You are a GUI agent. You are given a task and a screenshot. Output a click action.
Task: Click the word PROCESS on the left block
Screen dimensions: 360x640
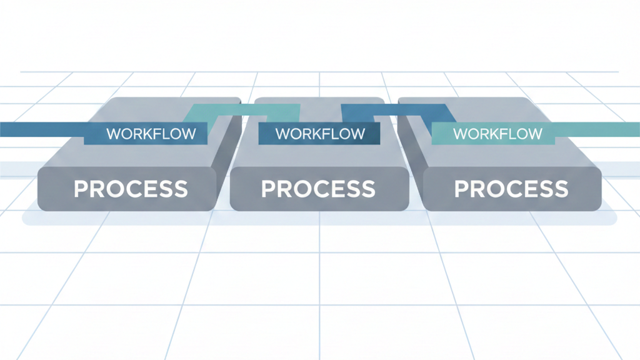coord(131,189)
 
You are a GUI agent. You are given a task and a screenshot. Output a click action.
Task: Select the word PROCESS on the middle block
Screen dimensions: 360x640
coord(318,189)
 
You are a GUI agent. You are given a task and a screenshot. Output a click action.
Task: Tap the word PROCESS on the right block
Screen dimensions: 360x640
coord(511,189)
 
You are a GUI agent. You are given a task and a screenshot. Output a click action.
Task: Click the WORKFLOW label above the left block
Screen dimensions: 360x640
coord(151,134)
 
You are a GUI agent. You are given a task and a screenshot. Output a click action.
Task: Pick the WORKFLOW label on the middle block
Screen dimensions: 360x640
coord(319,134)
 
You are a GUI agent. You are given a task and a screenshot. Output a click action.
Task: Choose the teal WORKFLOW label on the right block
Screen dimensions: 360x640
coord(497,134)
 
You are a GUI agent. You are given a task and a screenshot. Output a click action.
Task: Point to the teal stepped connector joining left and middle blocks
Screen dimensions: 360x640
coord(250,111)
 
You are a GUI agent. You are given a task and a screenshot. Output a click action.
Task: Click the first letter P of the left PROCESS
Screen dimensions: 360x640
coord(81,189)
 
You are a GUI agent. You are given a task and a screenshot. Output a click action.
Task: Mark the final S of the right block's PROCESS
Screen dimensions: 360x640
coord(561,189)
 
